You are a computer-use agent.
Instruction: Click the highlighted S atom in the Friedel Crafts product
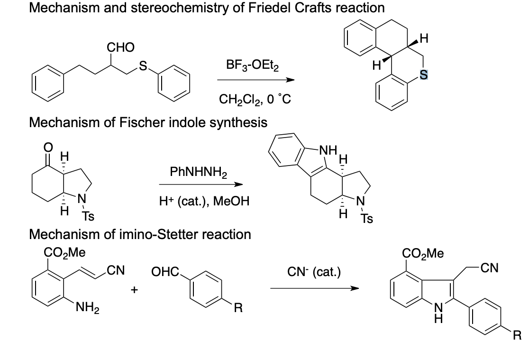point(424,74)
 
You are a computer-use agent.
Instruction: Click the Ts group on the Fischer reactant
point(88,217)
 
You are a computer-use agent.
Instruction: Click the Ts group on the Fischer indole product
point(365,219)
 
